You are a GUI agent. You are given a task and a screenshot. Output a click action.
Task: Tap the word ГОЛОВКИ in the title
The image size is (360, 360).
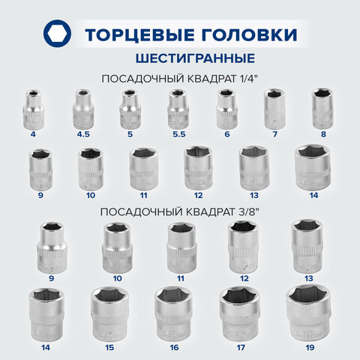pos(246,34)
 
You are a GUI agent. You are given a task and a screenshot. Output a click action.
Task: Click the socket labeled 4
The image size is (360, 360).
pos(34,108)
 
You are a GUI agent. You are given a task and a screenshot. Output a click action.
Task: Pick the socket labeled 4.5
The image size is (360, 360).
pos(82,109)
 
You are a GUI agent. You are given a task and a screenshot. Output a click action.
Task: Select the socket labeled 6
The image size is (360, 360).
pos(226,109)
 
